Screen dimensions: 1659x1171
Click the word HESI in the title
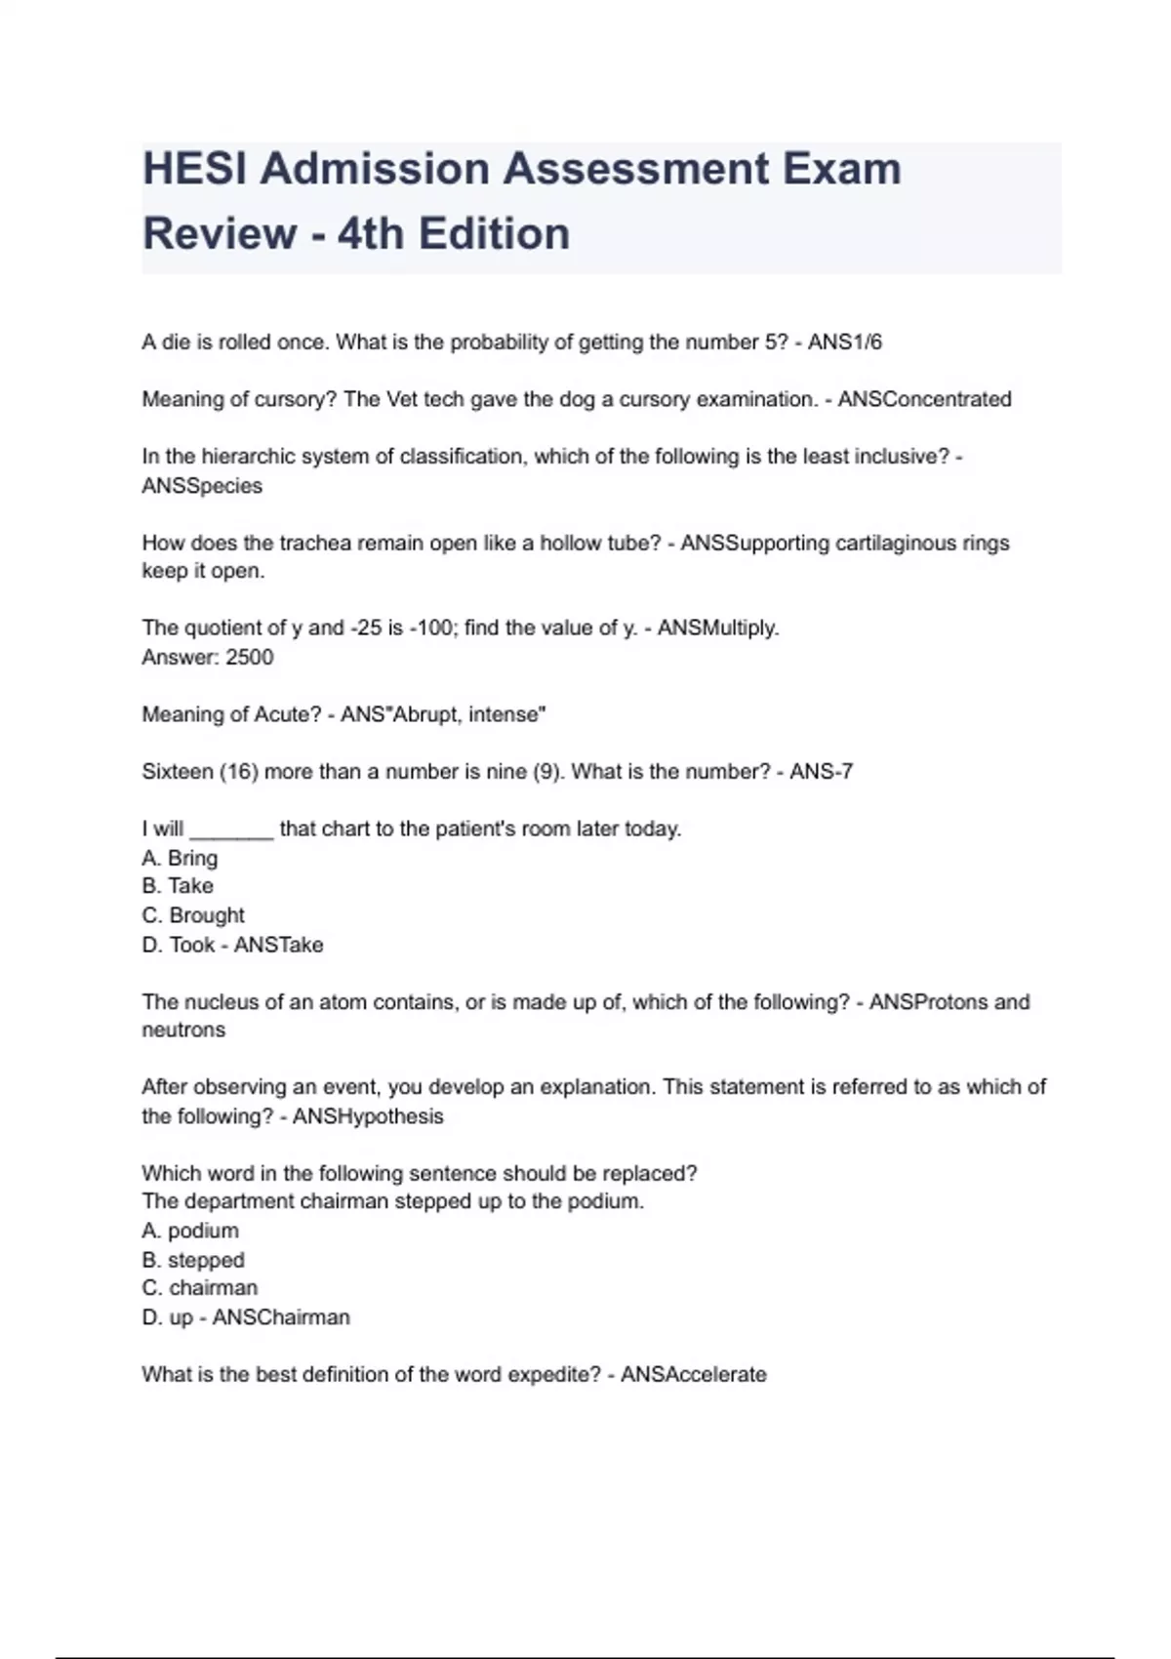pyautogui.click(x=194, y=169)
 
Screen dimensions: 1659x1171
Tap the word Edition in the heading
pyautogui.click(x=494, y=234)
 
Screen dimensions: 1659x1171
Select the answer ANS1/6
pyautogui.click(x=844, y=343)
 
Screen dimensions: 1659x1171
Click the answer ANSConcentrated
pyautogui.click(x=924, y=399)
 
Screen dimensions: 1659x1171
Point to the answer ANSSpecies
pyautogui.click(x=202, y=486)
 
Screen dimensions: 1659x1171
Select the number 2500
pyautogui.click(x=249, y=657)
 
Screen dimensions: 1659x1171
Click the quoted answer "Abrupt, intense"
pyautogui.click(x=468, y=714)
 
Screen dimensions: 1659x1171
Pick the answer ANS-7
pyautogui.click(x=821, y=772)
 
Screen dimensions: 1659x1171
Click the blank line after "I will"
pyautogui.click(x=231, y=830)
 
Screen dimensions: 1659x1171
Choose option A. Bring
pyautogui.click(x=180, y=858)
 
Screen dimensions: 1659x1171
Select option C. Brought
pyautogui.click(x=193, y=915)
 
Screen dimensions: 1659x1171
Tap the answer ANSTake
pyautogui.click(x=278, y=945)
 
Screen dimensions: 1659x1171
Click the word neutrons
pyautogui.click(x=183, y=1031)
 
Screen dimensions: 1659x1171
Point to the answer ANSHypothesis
pyautogui.click(x=368, y=1116)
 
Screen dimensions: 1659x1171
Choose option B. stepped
pyautogui.click(x=193, y=1260)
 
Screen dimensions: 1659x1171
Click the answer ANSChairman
pyautogui.click(x=281, y=1317)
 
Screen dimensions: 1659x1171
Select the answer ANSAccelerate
pyautogui.click(x=693, y=1375)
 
